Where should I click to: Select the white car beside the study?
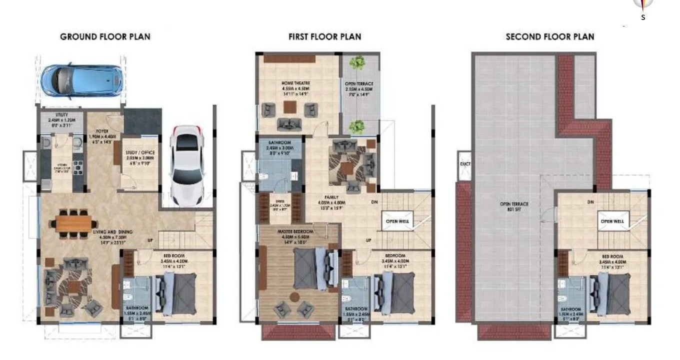coord(187,165)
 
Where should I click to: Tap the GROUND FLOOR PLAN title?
coord(105,36)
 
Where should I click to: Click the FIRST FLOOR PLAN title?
coord(324,36)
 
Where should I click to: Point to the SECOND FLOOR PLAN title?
coord(550,36)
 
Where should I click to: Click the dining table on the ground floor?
coord(72,223)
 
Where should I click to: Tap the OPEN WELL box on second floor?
coord(612,221)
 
